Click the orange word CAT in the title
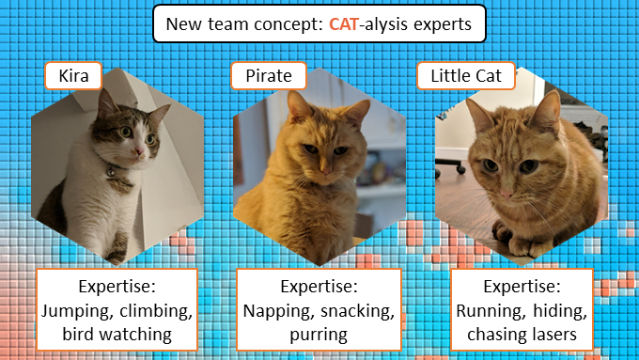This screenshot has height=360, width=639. click(346, 25)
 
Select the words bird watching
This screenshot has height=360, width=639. click(117, 334)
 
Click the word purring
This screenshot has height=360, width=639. click(318, 334)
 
